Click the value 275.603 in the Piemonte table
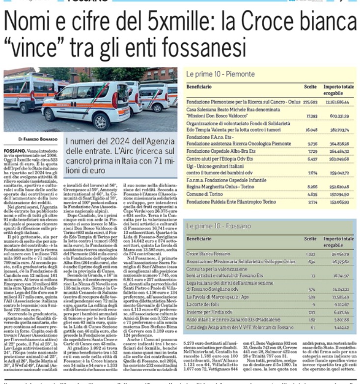[309, 101]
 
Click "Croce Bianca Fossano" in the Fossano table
[208, 254]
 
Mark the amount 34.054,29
[340, 254]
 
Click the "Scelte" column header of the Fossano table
[310, 239]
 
